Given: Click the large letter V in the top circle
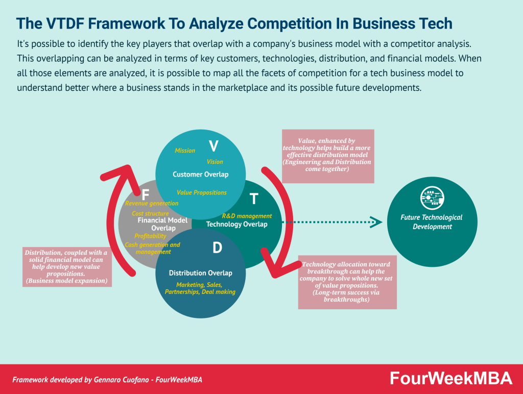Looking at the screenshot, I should tap(213, 146).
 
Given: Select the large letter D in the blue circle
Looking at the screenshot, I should tap(217, 249).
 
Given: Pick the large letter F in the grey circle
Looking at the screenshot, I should tap(145, 195).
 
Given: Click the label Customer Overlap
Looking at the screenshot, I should tap(200, 175).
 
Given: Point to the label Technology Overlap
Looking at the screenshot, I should tap(236, 224).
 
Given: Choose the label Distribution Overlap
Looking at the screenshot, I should tap(200, 273).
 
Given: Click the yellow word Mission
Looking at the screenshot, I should tap(185, 151).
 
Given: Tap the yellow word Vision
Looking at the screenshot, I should tap(215, 162).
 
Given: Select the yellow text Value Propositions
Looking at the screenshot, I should tap(202, 192).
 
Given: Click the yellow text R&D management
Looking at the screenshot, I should tap(247, 216).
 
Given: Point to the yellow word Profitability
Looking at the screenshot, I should tap(150, 236).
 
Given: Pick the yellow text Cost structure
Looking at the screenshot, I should tap(150, 213).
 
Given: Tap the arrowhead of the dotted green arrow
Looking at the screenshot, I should tap(376, 222).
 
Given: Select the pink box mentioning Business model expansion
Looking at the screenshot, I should tap(67, 266).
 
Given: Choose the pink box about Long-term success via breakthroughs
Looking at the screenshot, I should tap(347, 282).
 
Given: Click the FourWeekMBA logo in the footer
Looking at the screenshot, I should tap(450, 378).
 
